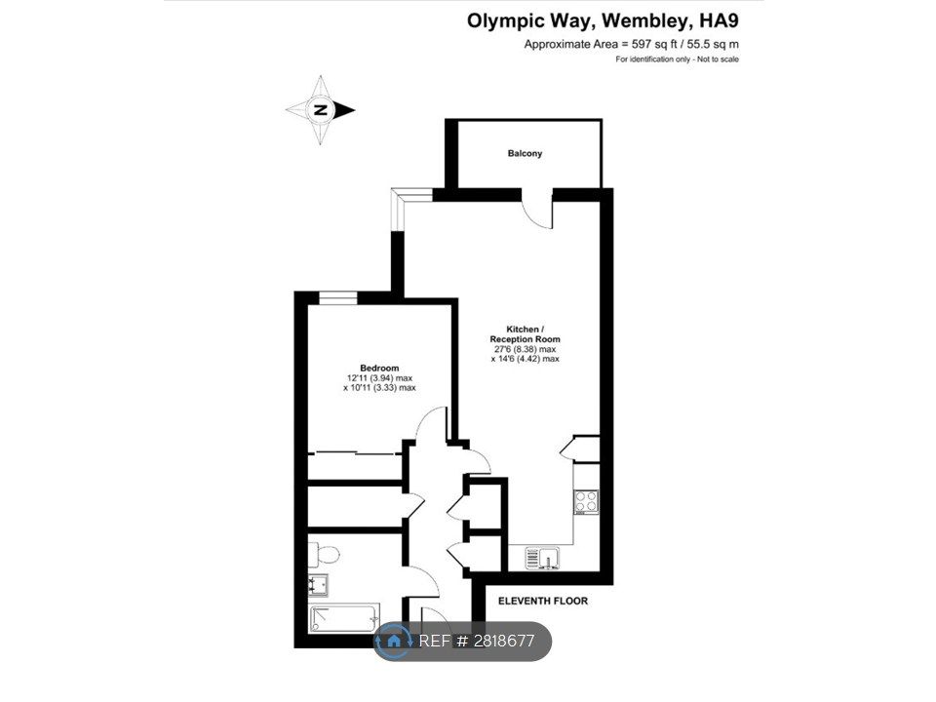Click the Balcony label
click(525, 153)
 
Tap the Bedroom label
click(379, 368)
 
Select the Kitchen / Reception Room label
click(525, 334)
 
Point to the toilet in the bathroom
click(324, 555)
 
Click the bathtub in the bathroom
click(344, 618)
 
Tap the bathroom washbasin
click(318, 585)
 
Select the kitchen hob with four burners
click(586, 501)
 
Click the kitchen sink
click(542, 558)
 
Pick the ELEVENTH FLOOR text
click(543, 602)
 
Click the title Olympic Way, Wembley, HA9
click(603, 20)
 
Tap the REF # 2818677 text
click(477, 642)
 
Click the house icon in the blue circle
click(393, 642)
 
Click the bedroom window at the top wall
click(338, 298)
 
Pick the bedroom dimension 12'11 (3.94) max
click(379, 378)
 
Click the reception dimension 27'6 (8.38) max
click(525, 349)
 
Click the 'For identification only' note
click(677, 59)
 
